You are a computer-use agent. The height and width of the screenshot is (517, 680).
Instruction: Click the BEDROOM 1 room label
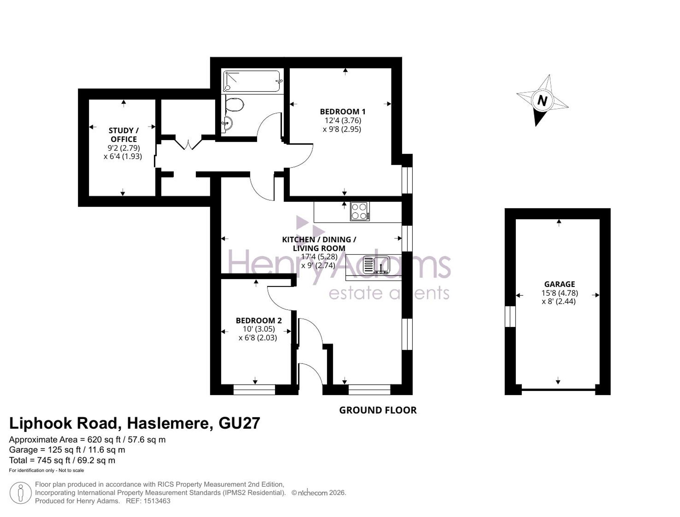pos(342,111)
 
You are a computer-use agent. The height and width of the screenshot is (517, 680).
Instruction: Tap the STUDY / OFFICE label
pos(123,135)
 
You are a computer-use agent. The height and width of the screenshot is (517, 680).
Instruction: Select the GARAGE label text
pos(559,284)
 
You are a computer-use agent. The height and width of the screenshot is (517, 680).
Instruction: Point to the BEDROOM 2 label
pos(258,321)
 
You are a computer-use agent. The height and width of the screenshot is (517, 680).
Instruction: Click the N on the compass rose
pos(542,101)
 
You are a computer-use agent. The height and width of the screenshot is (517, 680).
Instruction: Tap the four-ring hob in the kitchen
pos(360,211)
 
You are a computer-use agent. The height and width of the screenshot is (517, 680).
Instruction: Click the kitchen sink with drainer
pos(377,265)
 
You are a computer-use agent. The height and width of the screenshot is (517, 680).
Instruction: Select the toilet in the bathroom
pos(235,104)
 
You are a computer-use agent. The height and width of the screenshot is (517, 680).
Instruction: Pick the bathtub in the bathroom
pos(252,81)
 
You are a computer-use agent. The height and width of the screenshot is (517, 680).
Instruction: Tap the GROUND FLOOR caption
pos(378,410)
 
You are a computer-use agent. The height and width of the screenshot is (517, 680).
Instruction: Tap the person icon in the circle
pos(21,493)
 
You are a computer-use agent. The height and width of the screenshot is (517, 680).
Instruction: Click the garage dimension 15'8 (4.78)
pos(560,293)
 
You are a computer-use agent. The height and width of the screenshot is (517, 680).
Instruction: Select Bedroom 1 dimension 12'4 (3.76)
pos(343,120)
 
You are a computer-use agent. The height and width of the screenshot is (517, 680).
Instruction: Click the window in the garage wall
pos(510,316)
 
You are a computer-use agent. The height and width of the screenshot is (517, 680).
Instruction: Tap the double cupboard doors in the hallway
pos(188,143)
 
